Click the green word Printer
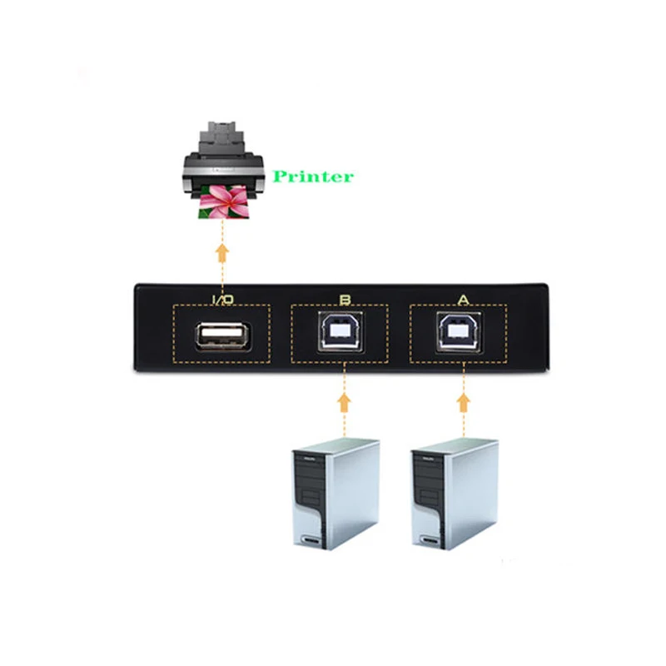[x=313, y=176]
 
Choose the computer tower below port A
[x=454, y=495]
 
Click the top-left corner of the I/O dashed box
[x=173, y=306]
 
